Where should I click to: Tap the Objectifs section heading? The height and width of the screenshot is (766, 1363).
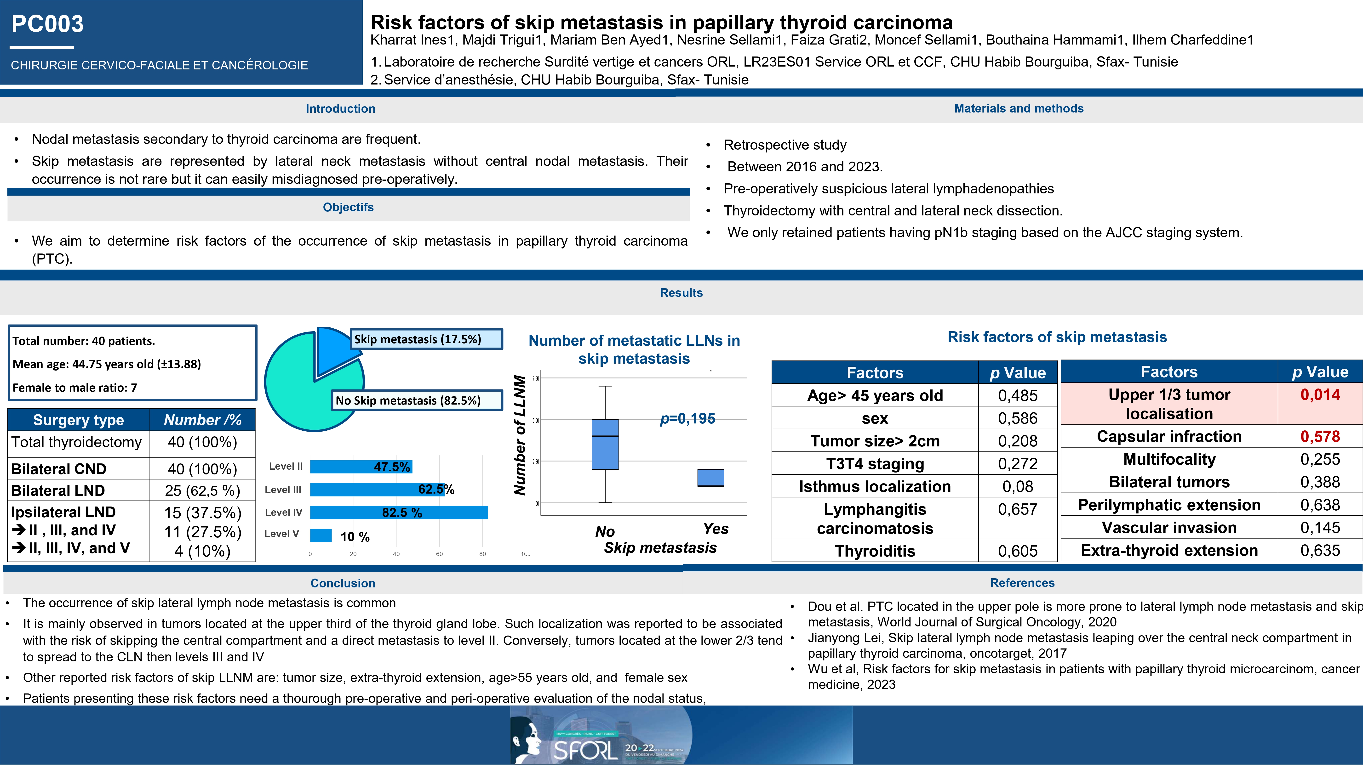coord(348,207)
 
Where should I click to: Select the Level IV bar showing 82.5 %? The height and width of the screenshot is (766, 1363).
coord(398,512)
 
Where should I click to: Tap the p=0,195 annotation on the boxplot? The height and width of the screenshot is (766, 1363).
coord(687,419)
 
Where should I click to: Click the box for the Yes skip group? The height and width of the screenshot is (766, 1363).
coord(710,477)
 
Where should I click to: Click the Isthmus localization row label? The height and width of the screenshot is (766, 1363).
coord(875,486)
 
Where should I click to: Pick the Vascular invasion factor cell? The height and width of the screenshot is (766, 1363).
coord(1169,528)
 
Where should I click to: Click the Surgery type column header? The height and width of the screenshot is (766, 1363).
coord(78,420)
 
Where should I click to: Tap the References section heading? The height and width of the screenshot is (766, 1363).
coord(1022,583)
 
